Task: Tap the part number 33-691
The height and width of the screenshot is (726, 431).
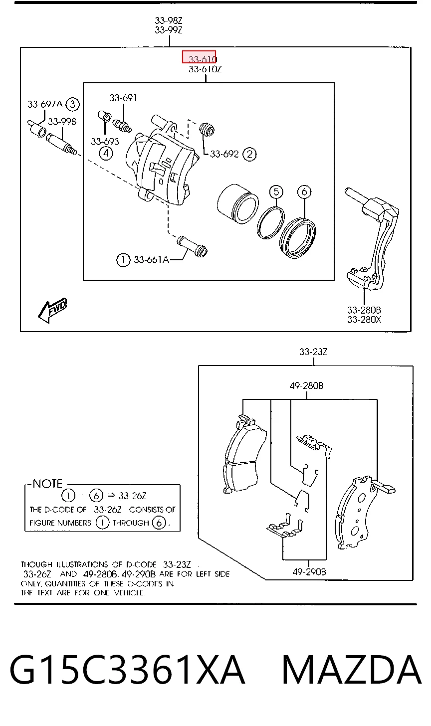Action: click(123, 98)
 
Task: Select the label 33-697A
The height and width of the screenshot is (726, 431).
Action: click(45, 104)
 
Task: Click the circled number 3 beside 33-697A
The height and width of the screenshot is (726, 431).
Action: click(72, 104)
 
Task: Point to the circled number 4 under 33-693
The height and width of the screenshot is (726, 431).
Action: click(106, 153)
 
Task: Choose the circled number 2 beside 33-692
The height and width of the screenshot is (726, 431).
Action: click(249, 154)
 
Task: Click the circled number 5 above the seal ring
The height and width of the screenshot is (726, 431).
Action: click(276, 191)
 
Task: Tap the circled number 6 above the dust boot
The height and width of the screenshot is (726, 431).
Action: click(304, 191)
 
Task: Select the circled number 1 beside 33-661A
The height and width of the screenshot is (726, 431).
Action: click(123, 260)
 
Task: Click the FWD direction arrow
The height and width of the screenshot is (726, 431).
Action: click(52, 310)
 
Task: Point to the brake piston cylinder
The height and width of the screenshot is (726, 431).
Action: click(238, 204)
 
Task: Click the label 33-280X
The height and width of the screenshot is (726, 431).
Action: click(364, 320)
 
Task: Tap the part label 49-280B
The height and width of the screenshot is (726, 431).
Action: click(306, 386)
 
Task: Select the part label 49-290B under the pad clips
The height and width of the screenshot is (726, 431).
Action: click(309, 572)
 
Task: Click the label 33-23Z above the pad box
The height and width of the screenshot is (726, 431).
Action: click(313, 352)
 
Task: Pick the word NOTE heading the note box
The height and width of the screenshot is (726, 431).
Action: click(47, 484)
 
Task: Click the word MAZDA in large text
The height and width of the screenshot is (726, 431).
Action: click(352, 670)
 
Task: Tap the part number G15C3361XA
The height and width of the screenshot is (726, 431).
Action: click(127, 670)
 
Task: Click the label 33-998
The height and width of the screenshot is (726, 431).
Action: click(62, 122)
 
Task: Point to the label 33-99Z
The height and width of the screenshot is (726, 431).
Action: click(169, 30)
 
